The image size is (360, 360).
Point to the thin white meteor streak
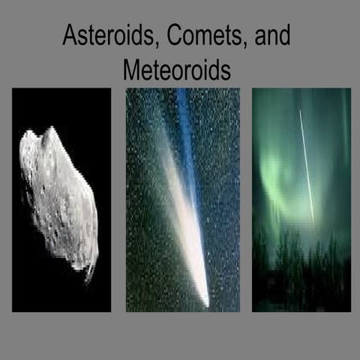coord(306,165)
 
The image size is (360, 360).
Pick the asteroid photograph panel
coord(61,199)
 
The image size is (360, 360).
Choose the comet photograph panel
coord(182,199)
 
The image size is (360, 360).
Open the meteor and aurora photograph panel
coord(301,199)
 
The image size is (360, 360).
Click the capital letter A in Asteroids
coord(69,37)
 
